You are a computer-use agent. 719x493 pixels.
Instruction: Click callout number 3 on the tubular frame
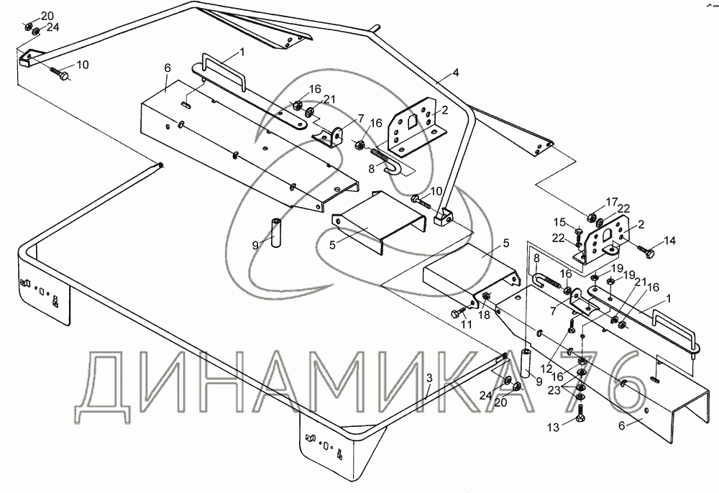[428, 377]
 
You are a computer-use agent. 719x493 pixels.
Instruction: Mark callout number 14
[670, 241]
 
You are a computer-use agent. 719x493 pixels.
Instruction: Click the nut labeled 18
[487, 297]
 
